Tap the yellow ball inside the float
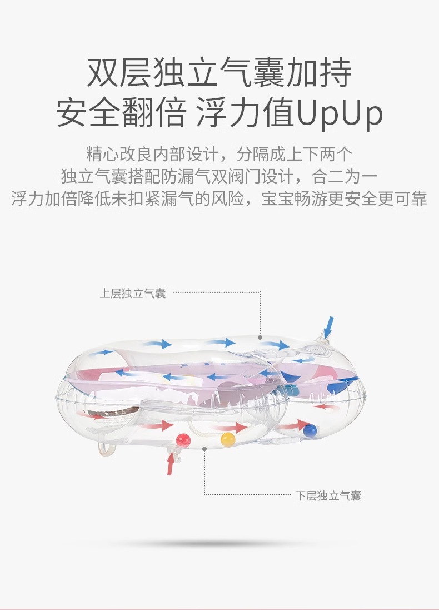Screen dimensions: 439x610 coord(227,439)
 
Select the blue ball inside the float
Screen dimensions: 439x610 coord(310,429)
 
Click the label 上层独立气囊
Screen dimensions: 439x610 coord(133,293)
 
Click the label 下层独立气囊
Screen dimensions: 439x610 coord(328,495)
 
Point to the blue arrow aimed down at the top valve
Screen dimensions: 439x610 coord(330,327)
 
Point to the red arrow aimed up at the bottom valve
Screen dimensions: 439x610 coord(171,464)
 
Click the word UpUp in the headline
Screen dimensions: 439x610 coord(340,113)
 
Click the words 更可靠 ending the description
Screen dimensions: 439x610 coord(403,199)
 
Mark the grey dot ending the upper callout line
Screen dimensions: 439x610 coord(260,337)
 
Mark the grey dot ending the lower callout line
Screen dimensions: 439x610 coord(205,448)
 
